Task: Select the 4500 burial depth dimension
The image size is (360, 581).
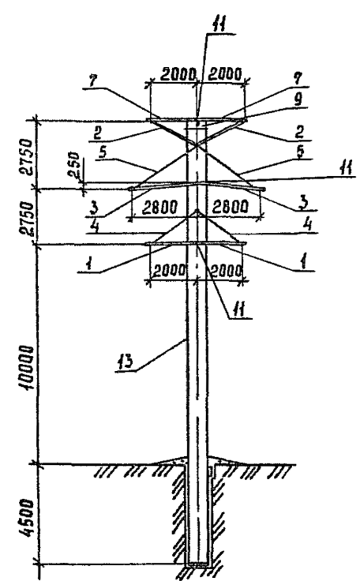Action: click(27, 518)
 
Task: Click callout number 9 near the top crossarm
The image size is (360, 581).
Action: click(298, 99)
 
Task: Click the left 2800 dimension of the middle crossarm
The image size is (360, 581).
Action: click(160, 207)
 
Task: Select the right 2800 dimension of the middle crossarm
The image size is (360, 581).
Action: click(230, 207)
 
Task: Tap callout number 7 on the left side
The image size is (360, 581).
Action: click(92, 81)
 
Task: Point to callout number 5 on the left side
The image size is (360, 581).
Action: click(104, 152)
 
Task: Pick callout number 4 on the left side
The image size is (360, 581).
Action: click(96, 226)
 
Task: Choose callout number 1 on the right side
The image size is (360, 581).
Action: click(304, 264)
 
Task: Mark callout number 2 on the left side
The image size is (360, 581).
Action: click(97, 133)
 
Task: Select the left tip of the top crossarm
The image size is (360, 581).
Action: click(148, 120)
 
